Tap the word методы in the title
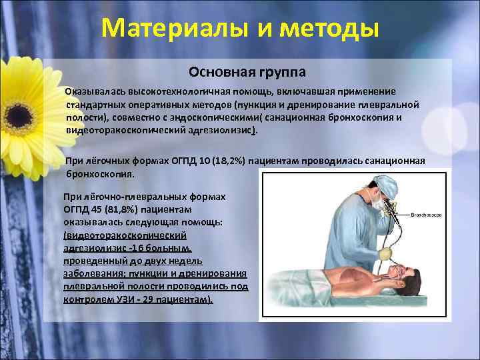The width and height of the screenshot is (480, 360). (x=327, y=29)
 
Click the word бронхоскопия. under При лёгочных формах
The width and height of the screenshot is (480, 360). (x=100, y=173)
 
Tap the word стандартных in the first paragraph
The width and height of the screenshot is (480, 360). (x=93, y=105)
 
